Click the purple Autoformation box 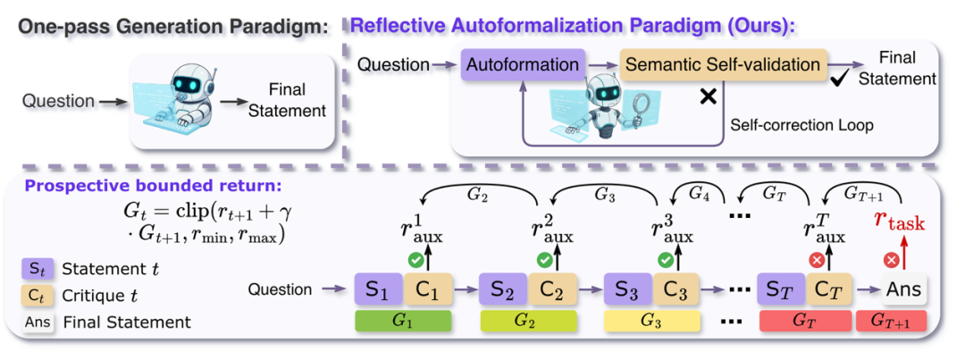(x=522, y=65)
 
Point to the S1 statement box (x=379, y=289)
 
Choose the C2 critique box (x=550, y=289)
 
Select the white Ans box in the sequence (x=902, y=289)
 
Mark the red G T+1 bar (x=892, y=320)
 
